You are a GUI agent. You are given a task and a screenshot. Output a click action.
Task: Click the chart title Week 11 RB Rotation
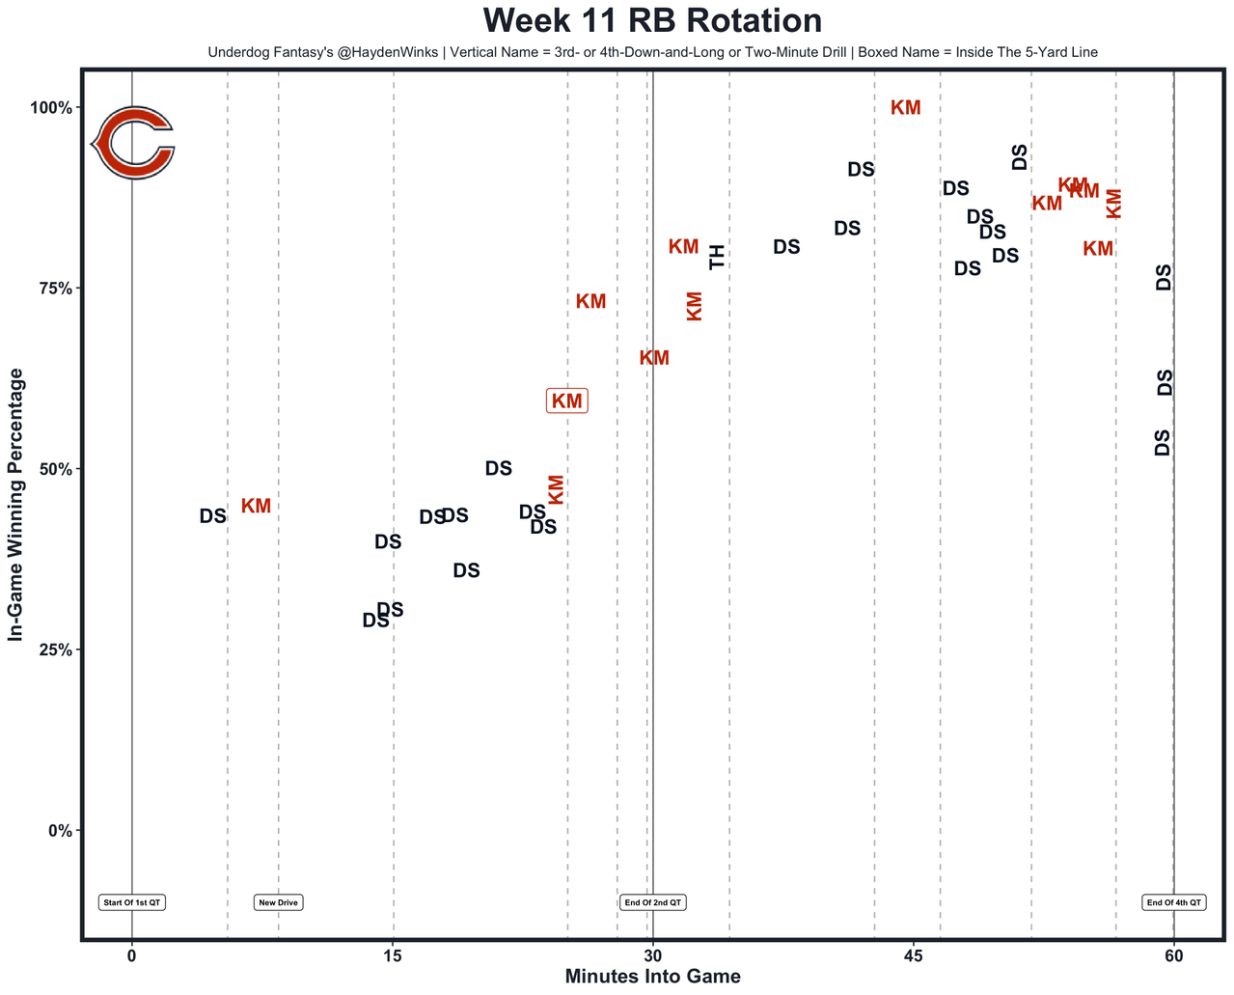pyautogui.click(x=652, y=21)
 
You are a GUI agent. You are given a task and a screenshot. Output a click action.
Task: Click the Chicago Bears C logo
pyautogui.click(x=133, y=143)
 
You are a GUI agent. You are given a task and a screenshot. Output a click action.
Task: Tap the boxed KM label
pyautogui.click(x=566, y=401)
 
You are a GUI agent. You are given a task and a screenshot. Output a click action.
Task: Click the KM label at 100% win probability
pyautogui.click(x=905, y=108)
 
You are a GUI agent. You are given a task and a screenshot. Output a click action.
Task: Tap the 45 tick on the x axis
pyautogui.click(x=914, y=955)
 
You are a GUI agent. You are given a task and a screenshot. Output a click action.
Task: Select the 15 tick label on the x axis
pyautogui.click(x=392, y=955)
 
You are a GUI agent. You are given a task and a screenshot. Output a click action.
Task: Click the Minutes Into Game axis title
pyautogui.click(x=652, y=977)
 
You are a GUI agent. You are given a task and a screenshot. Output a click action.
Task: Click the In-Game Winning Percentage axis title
pyautogui.click(x=15, y=505)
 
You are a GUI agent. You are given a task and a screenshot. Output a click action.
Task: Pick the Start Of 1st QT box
pyautogui.click(x=132, y=903)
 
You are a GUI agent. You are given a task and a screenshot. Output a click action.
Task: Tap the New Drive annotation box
pyautogui.click(x=279, y=903)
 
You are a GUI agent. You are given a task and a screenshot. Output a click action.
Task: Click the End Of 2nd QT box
pyautogui.click(x=653, y=903)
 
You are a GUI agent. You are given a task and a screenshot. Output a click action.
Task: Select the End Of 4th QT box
pyautogui.click(x=1173, y=903)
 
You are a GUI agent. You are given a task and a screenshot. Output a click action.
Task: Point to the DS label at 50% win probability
pyautogui.click(x=498, y=469)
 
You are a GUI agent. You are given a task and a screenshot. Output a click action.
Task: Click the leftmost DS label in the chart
pyautogui.click(x=212, y=516)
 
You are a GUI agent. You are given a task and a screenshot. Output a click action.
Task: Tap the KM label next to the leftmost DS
pyautogui.click(x=256, y=507)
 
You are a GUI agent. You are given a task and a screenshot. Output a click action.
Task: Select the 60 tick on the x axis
pyautogui.click(x=1173, y=955)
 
